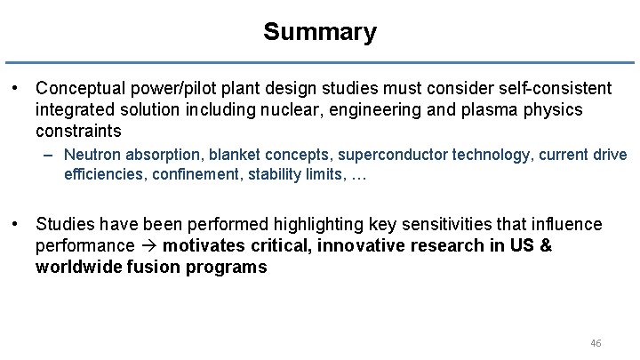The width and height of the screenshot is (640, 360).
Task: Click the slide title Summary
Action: click(320, 33)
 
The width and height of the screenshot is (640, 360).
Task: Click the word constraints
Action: click(76, 130)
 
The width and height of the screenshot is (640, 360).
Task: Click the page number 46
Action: click(596, 342)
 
